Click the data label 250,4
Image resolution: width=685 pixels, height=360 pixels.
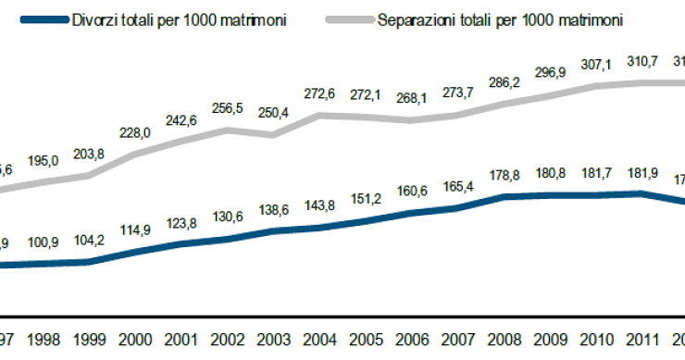[275, 113]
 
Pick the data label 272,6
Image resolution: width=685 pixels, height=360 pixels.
[319, 93]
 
